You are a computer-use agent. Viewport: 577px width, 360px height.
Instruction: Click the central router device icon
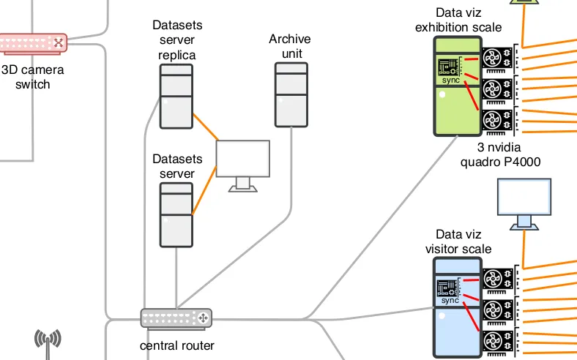tap(176, 318)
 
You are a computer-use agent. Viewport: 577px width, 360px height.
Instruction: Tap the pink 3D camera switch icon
tap(33, 43)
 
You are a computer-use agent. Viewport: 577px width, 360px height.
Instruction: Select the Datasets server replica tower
tap(176, 96)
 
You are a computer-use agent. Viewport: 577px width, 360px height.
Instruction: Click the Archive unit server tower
tap(291, 94)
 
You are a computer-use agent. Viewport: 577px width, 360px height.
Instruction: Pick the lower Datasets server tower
tap(176, 215)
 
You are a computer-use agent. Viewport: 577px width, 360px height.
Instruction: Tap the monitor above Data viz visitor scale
tap(524, 202)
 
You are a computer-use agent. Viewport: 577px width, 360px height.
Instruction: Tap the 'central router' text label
tap(176, 345)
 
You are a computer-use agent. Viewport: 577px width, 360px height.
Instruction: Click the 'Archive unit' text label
tap(290, 46)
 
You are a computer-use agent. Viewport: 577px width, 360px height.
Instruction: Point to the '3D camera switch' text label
tap(32, 77)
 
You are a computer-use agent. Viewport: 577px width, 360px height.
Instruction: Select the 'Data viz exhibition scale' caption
tap(458, 20)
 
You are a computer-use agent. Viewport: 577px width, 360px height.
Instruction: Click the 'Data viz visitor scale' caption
tap(458, 241)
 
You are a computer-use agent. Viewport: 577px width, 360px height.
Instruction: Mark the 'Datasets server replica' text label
tap(177, 40)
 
